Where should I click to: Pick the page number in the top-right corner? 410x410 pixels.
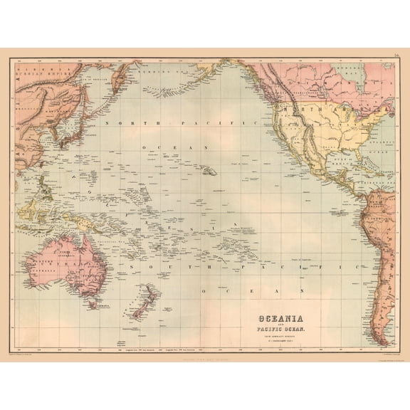[395, 53]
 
